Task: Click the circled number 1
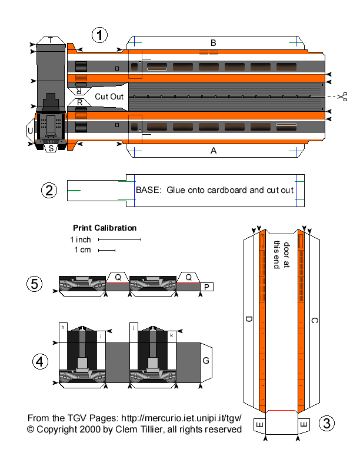click(x=101, y=35)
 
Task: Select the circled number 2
click(x=49, y=190)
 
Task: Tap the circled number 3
click(x=328, y=422)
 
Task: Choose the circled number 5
click(x=35, y=284)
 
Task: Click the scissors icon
click(x=343, y=96)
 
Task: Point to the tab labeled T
click(x=51, y=40)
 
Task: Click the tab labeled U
click(x=31, y=130)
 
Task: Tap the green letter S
click(x=52, y=148)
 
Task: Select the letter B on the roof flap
click(x=214, y=42)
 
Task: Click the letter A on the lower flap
click(x=214, y=151)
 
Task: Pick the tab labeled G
click(x=206, y=360)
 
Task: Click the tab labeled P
click(x=207, y=287)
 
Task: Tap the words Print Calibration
click(x=105, y=228)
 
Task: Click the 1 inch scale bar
click(x=119, y=239)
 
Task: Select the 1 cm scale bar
click(x=106, y=251)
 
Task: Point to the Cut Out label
click(x=109, y=96)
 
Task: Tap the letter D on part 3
click(x=249, y=319)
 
